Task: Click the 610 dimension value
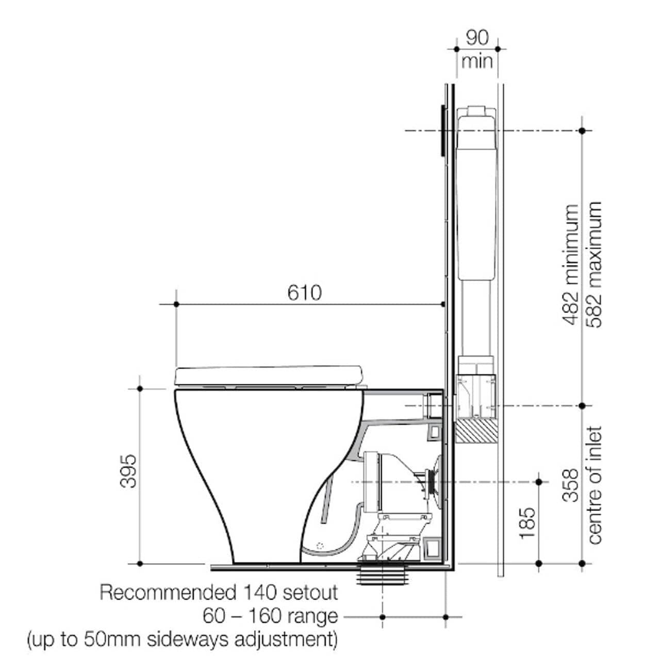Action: coord(304,292)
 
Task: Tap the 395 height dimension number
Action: coord(127,471)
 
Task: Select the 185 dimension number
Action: coord(527,523)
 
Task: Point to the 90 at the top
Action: coord(477,38)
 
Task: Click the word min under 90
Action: coord(477,62)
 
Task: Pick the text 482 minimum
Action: coord(571,265)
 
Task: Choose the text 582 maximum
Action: coord(595,265)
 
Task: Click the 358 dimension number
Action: coord(571,485)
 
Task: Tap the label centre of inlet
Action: coord(595,485)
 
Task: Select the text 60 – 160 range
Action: coord(270,616)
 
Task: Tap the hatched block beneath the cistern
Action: coord(476,431)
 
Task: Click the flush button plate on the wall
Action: coord(442,130)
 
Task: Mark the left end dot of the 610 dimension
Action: coord(176,304)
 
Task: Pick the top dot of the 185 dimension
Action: coord(539,482)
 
